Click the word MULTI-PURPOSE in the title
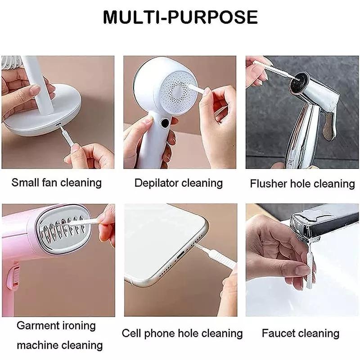tap(180, 17)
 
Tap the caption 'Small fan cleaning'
tap(57, 183)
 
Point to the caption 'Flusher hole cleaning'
tap(302, 184)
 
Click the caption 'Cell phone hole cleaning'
tap(182, 333)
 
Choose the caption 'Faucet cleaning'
tap(301, 333)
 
